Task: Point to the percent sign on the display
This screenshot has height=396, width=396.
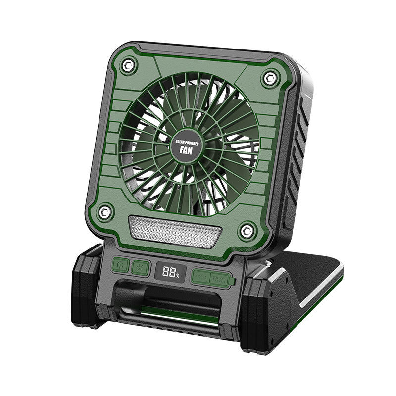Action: (x=177, y=275)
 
